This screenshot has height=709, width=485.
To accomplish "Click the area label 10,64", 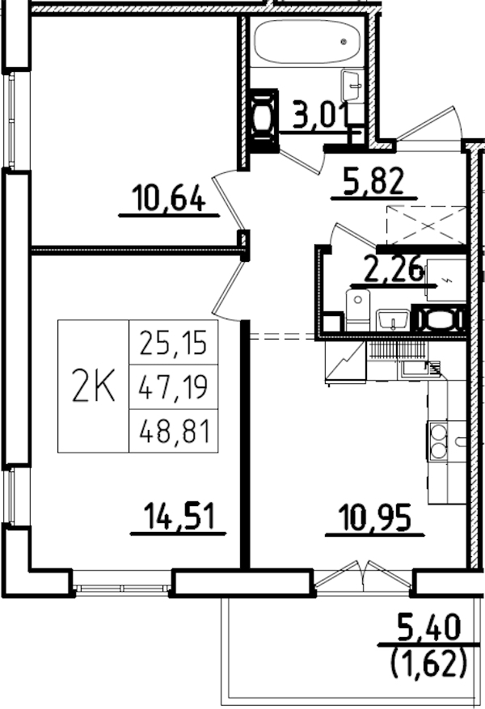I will pyautogui.click(x=169, y=197).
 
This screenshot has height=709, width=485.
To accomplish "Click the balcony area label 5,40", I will pyautogui.click(x=428, y=626).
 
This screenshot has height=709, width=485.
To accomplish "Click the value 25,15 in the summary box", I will pyautogui.click(x=173, y=345).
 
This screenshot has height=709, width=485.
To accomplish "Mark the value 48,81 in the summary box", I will pyautogui.click(x=173, y=433).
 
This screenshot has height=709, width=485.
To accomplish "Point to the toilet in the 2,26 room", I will pyautogui.click(x=357, y=311).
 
